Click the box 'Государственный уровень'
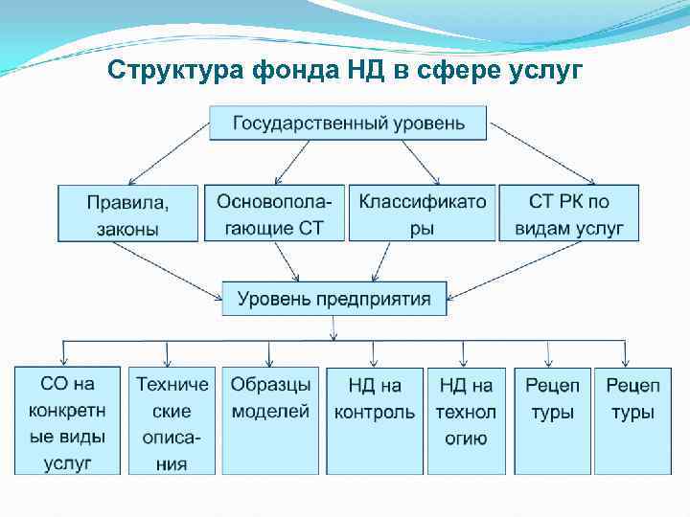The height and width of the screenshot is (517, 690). tap(349, 123)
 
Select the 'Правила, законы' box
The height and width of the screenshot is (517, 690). tap(127, 214)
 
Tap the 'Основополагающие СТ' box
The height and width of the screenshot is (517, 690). tap(273, 214)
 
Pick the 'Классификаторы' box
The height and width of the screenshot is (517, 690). tap(422, 214)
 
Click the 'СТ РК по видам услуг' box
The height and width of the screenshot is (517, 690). tap(568, 214)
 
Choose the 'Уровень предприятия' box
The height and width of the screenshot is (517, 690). tap(333, 299)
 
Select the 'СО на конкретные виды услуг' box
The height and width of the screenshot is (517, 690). tap(67, 421)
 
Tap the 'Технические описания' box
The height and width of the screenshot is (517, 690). tap(172, 421)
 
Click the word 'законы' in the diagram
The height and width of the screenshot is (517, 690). tap(127, 229)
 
